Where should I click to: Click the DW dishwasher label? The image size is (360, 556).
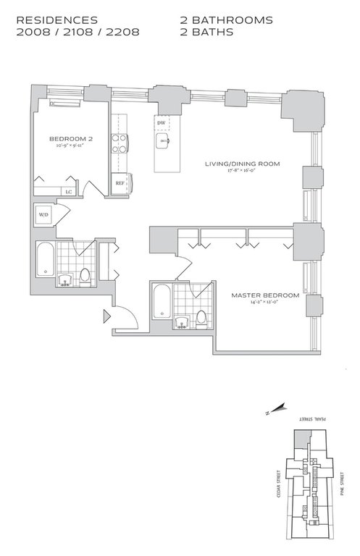click(x=161, y=123)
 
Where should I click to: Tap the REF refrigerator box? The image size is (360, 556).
click(x=120, y=183)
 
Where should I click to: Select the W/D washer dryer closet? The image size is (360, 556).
click(x=43, y=215)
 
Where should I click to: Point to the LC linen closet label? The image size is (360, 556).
click(x=69, y=191)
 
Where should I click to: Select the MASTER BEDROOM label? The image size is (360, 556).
click(x=265, y=295)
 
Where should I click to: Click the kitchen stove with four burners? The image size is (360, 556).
click(x=118, y=143)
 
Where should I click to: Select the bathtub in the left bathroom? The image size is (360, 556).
click(x=45, y=261)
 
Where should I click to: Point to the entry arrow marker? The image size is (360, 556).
click(x=107, y=316)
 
